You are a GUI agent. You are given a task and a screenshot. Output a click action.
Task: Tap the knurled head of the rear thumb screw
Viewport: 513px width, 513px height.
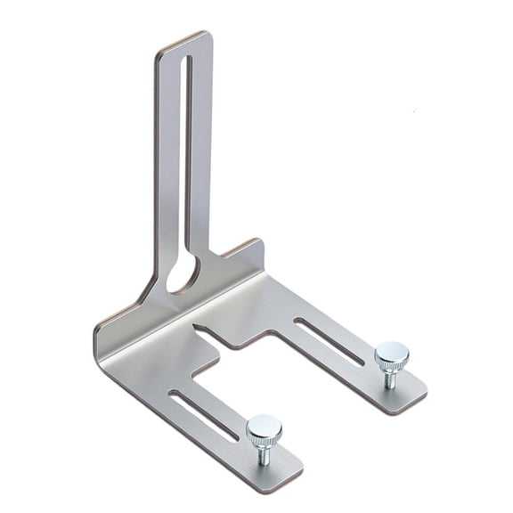click(391, 355)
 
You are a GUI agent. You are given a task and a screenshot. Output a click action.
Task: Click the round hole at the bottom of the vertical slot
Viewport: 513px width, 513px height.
click(183, 276)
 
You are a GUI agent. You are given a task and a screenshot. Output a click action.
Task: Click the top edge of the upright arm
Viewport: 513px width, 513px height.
click(184, 39)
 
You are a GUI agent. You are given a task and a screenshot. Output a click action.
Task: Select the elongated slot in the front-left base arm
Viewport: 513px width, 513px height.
click(203, 415)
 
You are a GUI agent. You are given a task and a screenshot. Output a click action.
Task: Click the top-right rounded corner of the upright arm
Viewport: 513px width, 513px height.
click(208, 37)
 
